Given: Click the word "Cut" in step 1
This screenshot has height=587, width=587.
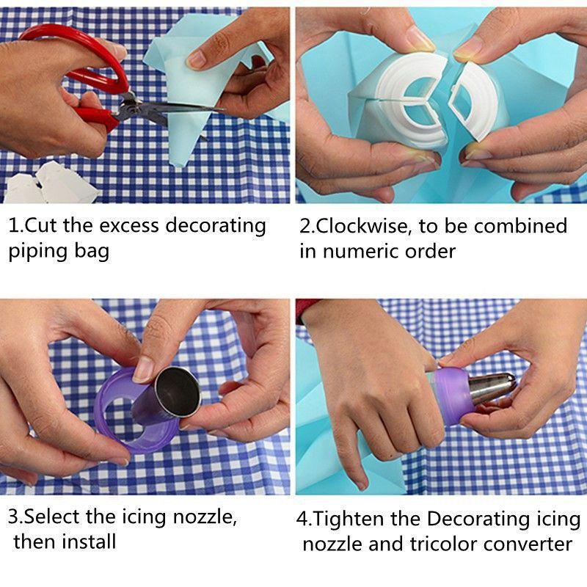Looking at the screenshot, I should point(45,225).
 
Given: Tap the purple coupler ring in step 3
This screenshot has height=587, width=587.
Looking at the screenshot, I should point(121,411).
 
